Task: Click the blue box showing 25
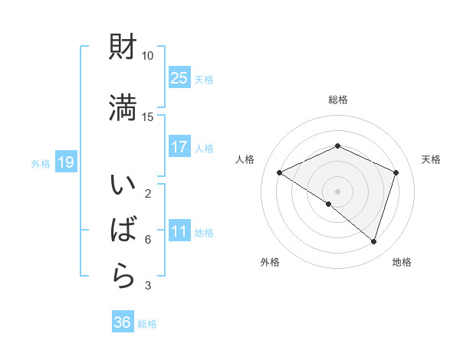[179, 77]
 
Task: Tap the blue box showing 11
[179, 231]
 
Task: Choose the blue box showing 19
[65, 162]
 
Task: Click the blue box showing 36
[123, 322]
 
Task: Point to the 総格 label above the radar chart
[337, 100]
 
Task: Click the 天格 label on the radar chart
[431, 159]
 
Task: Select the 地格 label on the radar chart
[402, 262]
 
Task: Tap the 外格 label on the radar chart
[270, 262]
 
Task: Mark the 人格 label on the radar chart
[245, 159]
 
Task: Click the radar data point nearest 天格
[396, 172]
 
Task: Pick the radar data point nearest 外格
[329, 204]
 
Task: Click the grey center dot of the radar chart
[337, 191]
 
